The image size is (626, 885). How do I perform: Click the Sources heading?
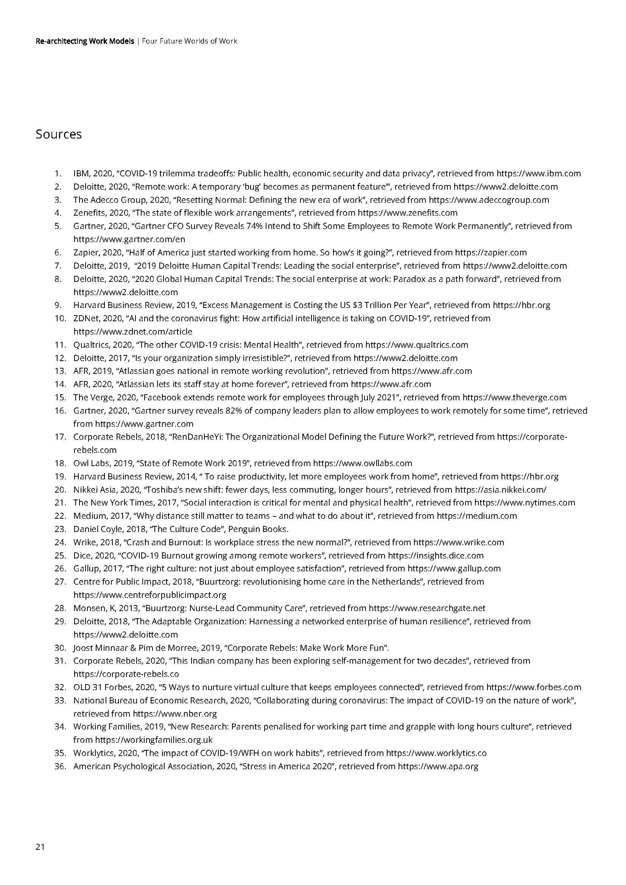click(x=59, y=134)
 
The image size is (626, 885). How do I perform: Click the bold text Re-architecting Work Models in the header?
click(x=85, y=41)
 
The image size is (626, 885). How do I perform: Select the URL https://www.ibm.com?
click(x=539, y=173)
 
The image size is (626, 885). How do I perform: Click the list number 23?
click(x=61, y=529)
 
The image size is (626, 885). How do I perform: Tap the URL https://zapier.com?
click(x=491, y=252)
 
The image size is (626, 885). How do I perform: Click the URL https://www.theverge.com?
click(x=515, y=397)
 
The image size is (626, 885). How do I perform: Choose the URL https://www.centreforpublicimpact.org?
click(x=150, y=595)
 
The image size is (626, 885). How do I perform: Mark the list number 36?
click(x=61, y=766)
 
